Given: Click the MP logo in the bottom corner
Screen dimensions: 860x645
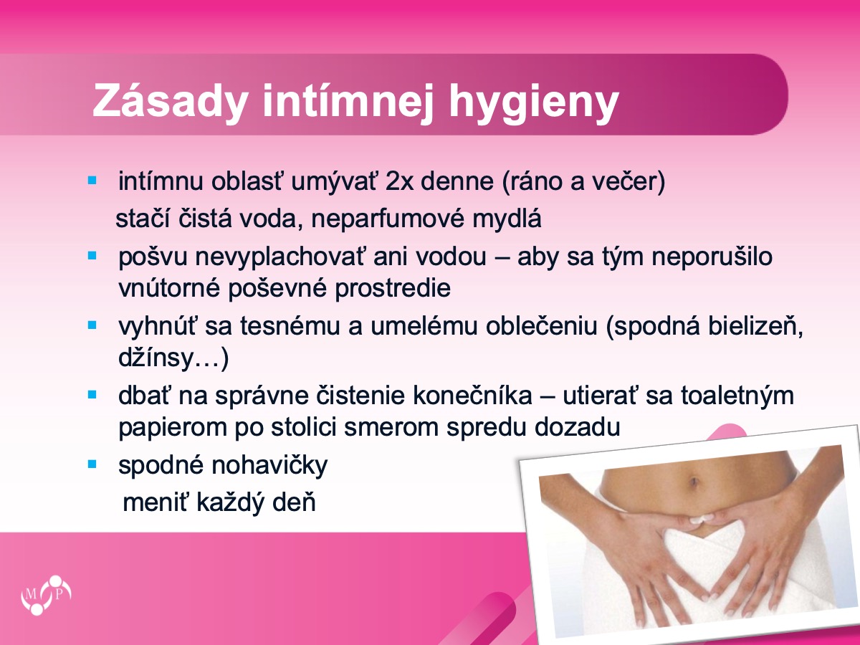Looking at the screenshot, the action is click(x=46, y=595).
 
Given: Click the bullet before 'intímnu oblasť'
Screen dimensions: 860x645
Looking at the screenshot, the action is click(x=92, y=181).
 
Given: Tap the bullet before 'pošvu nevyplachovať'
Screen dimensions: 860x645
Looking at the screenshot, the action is click(x=92, y=256).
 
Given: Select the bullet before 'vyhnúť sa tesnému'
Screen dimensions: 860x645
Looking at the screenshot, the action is click(x=92, y=325).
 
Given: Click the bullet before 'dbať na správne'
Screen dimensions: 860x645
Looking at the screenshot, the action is click(x=92, y=395).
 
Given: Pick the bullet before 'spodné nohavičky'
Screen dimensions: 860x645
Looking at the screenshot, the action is click(x=92, y=464).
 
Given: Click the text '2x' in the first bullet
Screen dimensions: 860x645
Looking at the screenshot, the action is click(x=399, y=181).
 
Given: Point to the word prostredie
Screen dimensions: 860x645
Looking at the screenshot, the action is click(x=393, y=290).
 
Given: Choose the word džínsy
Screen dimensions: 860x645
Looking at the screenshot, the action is click(x=156, y=358).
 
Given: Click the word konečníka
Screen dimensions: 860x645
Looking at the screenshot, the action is click(x=472, y=395).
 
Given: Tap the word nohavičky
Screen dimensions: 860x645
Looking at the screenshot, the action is click(x=269, y=466).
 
